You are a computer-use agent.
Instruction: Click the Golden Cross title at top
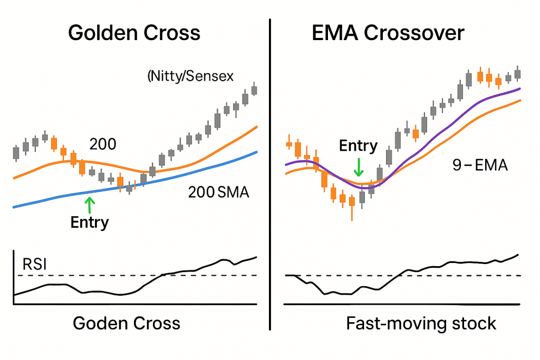pos(134,33)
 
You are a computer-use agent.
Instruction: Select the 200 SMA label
pos(218,193)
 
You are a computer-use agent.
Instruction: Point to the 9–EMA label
pos(480,166)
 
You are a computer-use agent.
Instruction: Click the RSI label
pos(33,264)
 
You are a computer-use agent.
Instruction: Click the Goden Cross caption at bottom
pos(127,323)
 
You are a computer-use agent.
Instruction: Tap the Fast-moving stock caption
pos(421,323)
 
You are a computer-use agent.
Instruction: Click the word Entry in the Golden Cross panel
pos(89,222)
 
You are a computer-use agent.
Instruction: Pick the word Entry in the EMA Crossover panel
pos(358,146)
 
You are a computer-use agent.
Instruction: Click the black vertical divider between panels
pos(270,174)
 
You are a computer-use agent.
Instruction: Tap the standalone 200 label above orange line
pos(103,144)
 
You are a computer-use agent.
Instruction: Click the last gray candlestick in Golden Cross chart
pos(254,90)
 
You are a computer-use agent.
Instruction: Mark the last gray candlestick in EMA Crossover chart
pos(517,74)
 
